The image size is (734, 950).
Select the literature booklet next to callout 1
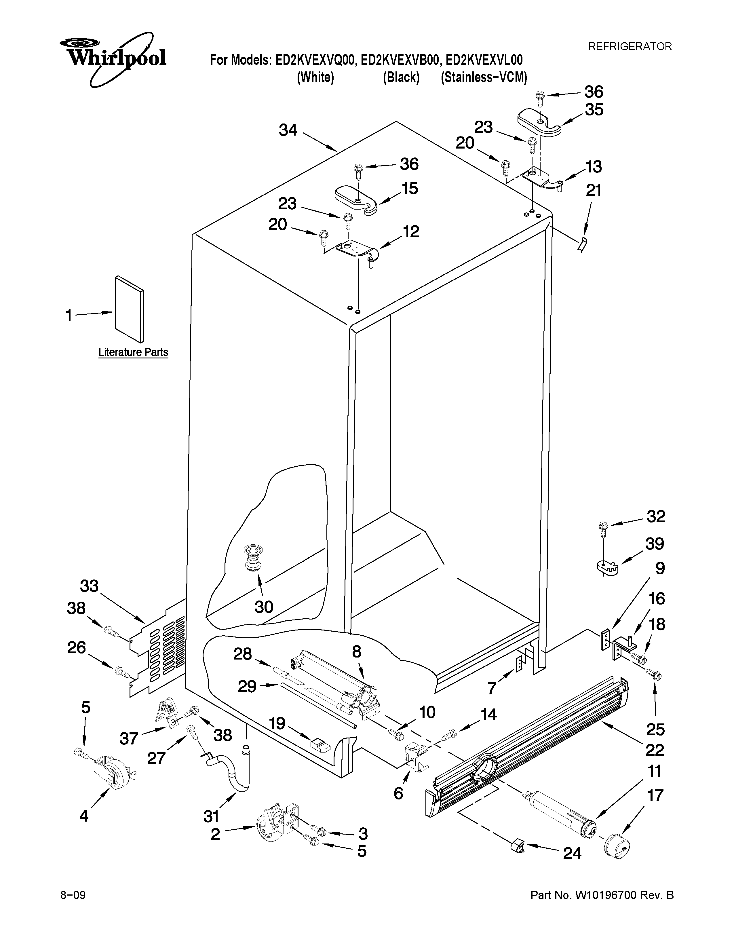click(129, 309)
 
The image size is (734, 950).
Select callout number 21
click(594, 191)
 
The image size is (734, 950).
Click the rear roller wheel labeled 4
click(114, 779)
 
